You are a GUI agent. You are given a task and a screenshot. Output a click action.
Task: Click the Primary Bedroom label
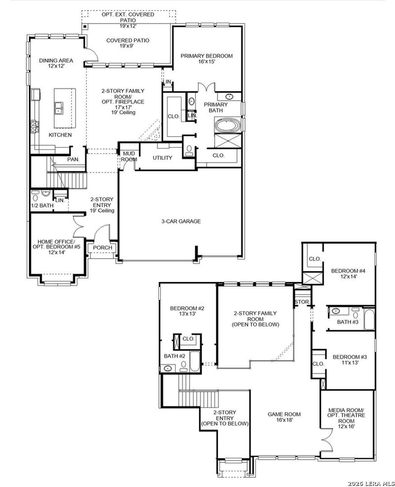(x=206, y=58)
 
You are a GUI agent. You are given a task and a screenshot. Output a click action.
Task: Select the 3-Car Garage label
(x=181, y=221)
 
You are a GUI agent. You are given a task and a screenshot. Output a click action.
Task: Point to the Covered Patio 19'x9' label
(x=127, y=43)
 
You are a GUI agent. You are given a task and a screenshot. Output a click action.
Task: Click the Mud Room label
(x=129, y=156)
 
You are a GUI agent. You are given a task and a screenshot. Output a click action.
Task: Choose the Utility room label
(x=162, y=158)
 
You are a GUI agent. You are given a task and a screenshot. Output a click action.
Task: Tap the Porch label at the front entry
(x=102, y=248)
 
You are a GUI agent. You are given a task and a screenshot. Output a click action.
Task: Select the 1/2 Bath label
(x=42, y=205)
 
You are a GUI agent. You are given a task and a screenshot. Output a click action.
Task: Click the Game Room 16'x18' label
(x=284, y=417)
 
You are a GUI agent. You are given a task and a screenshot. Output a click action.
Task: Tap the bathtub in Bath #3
(x=369, y=318)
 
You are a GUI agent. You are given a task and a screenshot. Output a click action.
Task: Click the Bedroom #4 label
(x=348, y=273)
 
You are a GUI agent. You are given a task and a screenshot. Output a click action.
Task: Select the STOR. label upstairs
(x=301, y=302)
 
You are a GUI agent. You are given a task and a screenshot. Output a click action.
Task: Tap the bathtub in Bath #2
(x=194, y=361)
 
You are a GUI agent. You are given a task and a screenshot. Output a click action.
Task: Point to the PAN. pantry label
(x=73, y=160)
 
